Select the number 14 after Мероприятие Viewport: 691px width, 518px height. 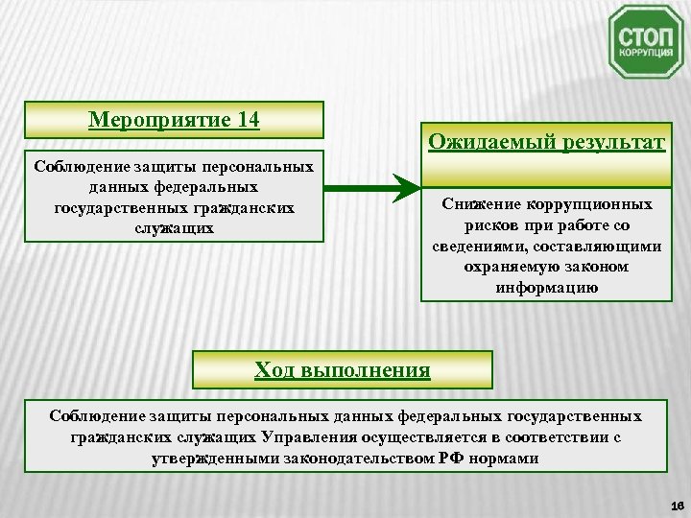[x=249, y=120]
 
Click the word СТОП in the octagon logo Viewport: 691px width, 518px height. [x=645, y=35]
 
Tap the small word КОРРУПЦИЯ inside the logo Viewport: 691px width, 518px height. [x=645, y=55]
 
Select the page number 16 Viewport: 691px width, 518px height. [x=676, y=506]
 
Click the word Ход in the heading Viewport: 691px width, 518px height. [x=274, y=369]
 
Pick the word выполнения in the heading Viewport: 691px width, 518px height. [x=366, y=369]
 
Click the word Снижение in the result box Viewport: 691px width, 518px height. [x=480, y=204]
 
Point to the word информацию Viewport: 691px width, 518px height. [x=546, y=287]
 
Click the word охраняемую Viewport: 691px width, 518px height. [x=506, y=267]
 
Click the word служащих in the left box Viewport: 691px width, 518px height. [x=174, y=228]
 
